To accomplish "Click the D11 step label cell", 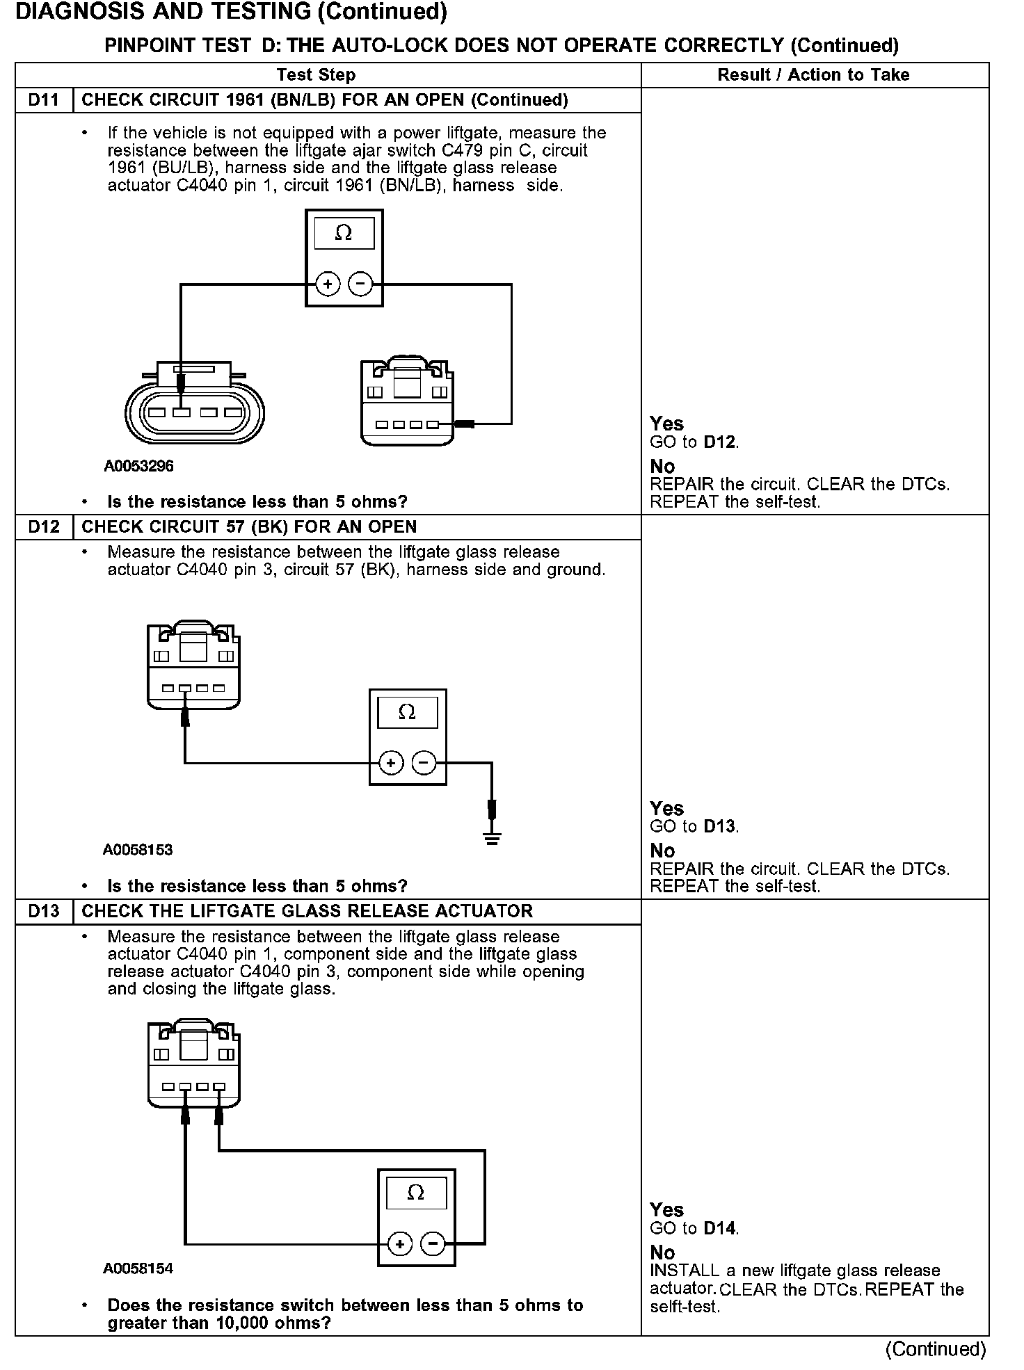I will tap(44, 100).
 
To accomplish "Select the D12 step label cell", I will tap(44, 526).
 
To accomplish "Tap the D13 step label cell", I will tap(44, 911).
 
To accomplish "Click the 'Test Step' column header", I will tap(316, 74).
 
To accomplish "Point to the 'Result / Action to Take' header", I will tap(813, 74).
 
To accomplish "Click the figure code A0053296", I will tap(138, 466).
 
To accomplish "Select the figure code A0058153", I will tap(138, 850).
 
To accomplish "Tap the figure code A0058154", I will tap(138, 1268).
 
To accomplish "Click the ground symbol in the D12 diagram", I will tap(493, 837).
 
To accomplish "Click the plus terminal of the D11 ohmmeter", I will tap(328, 284).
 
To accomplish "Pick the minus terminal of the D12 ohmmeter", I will tap(424, 763).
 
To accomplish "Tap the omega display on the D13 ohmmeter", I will tap(415, 1193).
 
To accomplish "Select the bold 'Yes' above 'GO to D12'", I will tap(666, 424).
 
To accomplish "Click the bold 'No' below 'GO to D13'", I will tap(662, 851).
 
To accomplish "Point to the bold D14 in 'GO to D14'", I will tap(719, 1229).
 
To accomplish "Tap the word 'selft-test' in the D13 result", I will tap(684, 1307).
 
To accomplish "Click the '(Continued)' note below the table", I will tap(935, 1349).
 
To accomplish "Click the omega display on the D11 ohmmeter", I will tap(344, 233).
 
